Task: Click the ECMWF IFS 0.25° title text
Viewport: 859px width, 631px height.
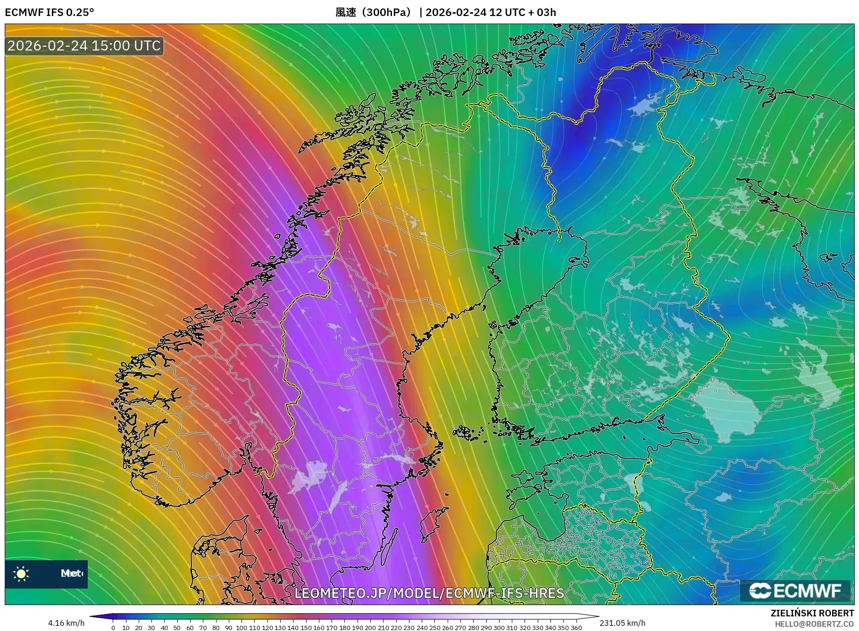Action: coord(49,12)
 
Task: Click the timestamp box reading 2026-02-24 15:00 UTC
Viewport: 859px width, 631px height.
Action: coord(84,46)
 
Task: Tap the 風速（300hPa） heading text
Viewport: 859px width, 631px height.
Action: coord(373,12)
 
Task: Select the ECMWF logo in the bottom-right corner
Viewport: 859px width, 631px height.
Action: coord(795,590)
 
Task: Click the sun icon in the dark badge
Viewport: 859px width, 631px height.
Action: coord(21,573)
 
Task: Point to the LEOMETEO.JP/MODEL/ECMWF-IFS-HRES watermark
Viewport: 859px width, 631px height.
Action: coord(429,593)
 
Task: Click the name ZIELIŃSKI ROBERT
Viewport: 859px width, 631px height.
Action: coord(812,613)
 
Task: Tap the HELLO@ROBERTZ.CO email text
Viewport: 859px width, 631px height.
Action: coord(814,623)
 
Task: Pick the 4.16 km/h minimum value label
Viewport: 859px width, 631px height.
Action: coord(66,623)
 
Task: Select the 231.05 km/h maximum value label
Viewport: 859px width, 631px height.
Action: coord(622,623)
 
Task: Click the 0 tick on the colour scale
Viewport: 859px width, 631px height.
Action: coord(113,628)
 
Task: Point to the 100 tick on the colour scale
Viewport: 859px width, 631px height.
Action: coord(241,628)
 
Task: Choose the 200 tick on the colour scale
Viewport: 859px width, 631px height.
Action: coord(370,628)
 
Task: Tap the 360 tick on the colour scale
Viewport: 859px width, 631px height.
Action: coord(576,628)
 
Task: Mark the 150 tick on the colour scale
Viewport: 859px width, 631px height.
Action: coord(306,628)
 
